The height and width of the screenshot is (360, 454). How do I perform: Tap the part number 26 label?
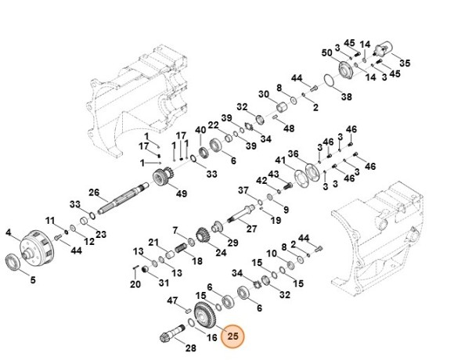coord(93,193)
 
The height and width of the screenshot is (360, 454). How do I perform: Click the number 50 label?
coord(327,52)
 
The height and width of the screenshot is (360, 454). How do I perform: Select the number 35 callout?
coord(405,63)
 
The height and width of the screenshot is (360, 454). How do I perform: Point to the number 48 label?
coord(289,128)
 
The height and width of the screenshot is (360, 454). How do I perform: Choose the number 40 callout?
coord(200,129)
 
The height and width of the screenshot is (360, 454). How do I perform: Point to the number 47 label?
coord(173,300)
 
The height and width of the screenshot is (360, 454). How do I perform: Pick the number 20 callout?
coord(135,284)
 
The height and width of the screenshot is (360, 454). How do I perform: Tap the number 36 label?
coord(294,153)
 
